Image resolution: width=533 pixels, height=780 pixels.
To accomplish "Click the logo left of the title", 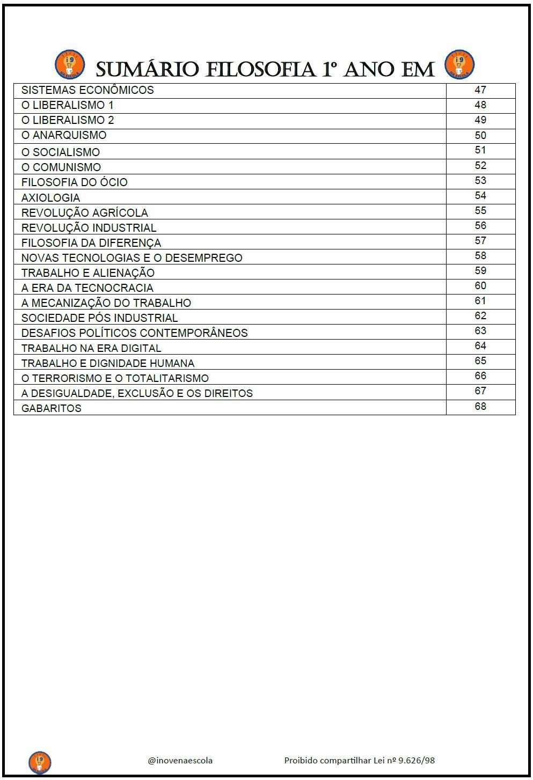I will [70, 65].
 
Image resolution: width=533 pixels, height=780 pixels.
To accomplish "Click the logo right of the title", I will [459, 65].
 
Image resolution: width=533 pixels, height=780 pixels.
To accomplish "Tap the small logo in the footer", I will [40, 762].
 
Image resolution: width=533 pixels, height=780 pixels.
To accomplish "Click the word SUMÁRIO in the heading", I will [148, 70].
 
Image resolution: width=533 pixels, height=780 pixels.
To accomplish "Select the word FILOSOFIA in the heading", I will [260, 70].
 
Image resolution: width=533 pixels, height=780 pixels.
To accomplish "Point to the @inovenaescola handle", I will [180, 760].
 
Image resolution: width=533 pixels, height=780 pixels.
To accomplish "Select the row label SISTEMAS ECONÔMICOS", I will [87, 90].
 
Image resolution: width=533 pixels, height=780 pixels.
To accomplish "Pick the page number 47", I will [480, 90].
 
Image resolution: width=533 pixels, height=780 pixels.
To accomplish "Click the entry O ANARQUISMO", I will [64, 135].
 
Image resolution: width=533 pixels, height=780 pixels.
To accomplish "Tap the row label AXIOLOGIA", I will [50, 198].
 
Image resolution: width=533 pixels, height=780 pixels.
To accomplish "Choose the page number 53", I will [480, 181].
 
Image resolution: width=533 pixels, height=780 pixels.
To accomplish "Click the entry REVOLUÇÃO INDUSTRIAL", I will [89, 228].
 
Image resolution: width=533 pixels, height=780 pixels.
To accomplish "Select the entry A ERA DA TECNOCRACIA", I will [87, 288].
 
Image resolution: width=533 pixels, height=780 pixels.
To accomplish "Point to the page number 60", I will [480, 286].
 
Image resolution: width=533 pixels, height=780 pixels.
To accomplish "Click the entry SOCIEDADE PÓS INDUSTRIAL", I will [99, 318].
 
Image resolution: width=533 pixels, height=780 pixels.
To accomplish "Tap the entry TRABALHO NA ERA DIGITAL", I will [91, 348].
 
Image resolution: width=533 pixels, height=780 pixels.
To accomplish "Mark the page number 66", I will [480, 376].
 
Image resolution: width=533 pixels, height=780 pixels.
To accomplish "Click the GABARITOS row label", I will [51, 408].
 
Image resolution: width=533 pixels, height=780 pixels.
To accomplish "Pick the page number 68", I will [480, 407].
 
